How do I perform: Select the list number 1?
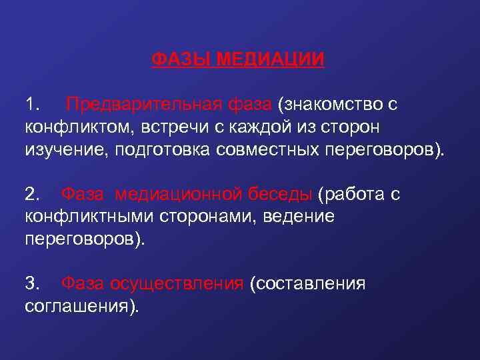click(x=32, y=105)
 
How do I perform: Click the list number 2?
click(x=32, y=194)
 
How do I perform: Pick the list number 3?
click(x=32, y=283)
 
